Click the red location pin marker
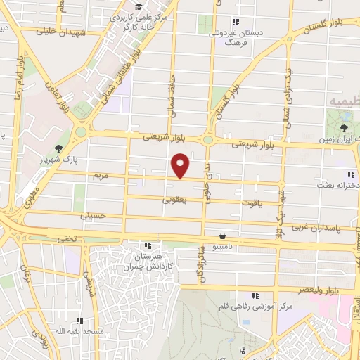pyautogui.click(x=181, y=165)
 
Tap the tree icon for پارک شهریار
pyautogui.click(x=58, y=148)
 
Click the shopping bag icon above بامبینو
pyautogui.click(x=223, y=236)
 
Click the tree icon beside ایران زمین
pyautogui.click(x=343, y=128)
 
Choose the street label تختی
pyautogui.click(x=67, y=238)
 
